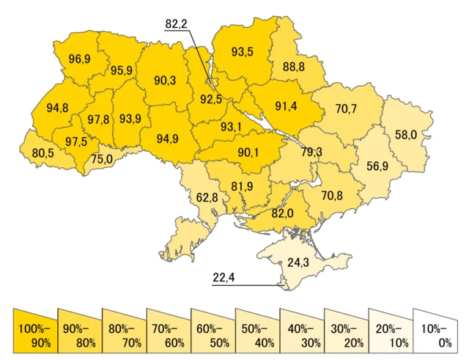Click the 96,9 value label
coord(79,59)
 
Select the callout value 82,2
coord(177,24)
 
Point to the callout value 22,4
coord(224,277)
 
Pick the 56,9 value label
coord(378,165)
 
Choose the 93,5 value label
coord(243,52)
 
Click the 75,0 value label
coord(102,158)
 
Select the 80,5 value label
coord(43,154)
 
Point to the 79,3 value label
coord(311,152)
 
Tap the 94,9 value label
coord(168,137)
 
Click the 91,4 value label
coord(286,106)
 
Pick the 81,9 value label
coord(242,186)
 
